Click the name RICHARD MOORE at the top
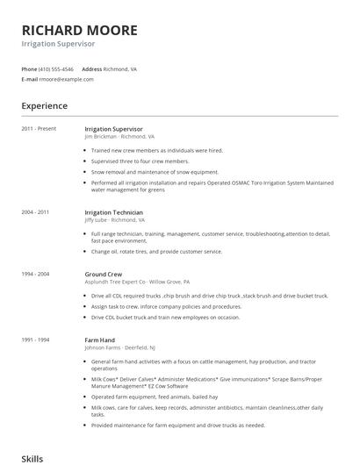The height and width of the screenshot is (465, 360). point(79,30)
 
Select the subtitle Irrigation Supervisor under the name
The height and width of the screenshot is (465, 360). point(59,44)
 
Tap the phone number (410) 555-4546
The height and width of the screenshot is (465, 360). point(57,68)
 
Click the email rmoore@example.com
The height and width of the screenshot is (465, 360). point(66,79)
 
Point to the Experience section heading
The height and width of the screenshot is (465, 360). point(44,106)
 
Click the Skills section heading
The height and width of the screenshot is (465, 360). point(32,457)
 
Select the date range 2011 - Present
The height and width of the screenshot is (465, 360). point(39,129)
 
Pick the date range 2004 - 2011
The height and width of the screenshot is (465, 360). point(36,211)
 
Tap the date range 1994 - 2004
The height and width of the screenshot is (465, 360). point(36,275)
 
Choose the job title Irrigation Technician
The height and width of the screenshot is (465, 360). point(114,211)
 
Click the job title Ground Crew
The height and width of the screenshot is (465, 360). point(103,275)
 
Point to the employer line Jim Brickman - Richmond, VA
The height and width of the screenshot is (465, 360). point(119,137)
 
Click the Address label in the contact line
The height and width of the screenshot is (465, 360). point(92,68)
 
